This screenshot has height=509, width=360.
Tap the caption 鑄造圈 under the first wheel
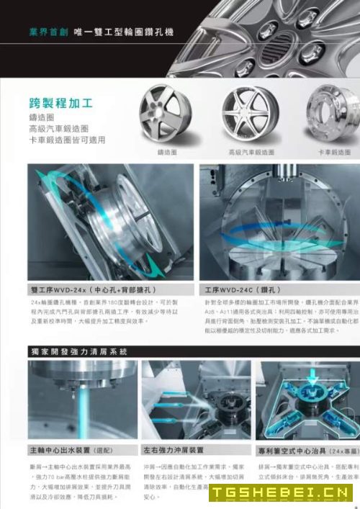tap(168, 153)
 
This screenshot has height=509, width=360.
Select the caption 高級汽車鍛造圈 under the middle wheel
tap(251, 153)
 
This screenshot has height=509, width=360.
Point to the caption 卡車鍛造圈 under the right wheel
tap(335, 153)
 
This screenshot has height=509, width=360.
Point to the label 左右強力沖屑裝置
tap(171, 450)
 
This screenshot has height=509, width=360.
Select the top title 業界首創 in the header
tap(48, 33)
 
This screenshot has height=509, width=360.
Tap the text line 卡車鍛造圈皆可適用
tap(67, 140)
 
